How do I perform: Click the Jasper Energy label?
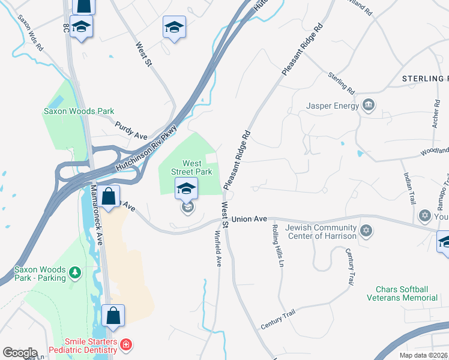(x=333, y=106)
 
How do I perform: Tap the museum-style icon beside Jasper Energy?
(x=369, y=106)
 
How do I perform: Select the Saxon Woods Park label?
(x=79, y=111)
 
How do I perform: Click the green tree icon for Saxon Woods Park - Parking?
(x=75, y=273)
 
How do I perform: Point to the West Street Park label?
(x=191, y=167)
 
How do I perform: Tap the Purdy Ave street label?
(x=131, y=128)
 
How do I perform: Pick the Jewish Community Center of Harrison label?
(x=321, y=232)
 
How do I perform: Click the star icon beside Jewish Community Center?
(x=366, y=231)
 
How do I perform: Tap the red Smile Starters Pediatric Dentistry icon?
(x=125, y=344)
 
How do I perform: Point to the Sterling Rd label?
(x=341, y=83)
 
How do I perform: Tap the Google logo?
(x=20, y=353)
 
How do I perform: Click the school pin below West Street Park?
(x=187, y=190)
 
